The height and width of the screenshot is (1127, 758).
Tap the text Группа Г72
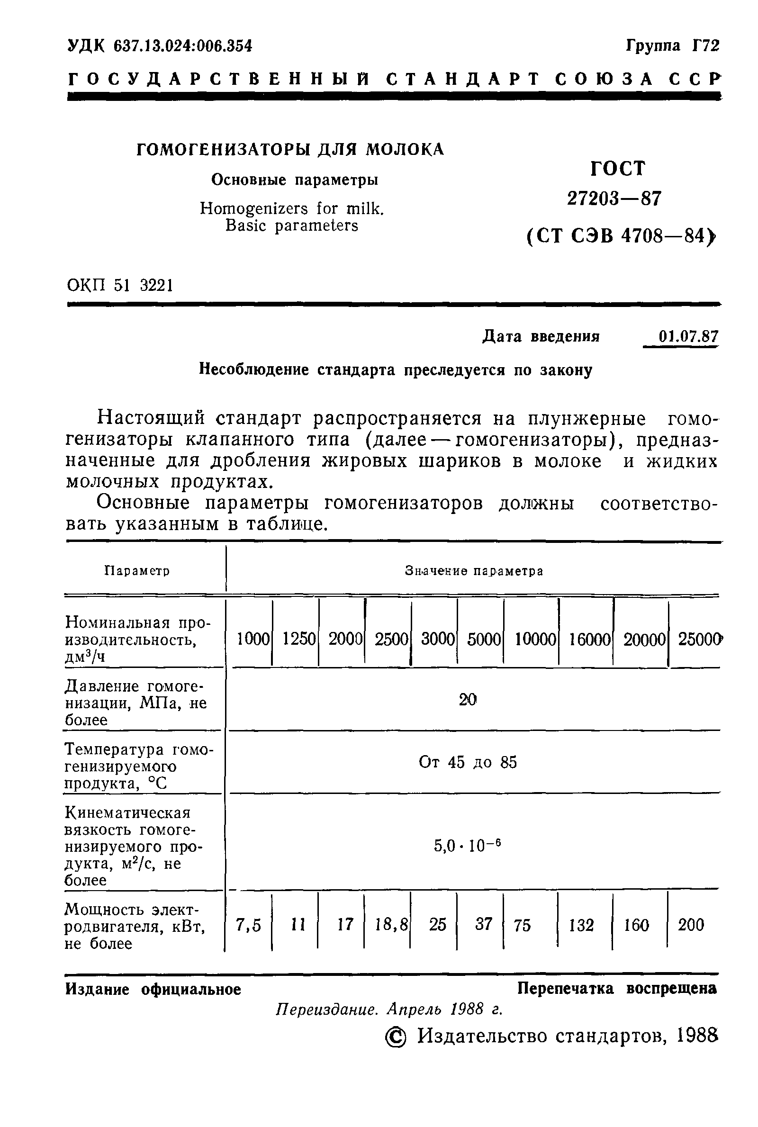pos(672,46)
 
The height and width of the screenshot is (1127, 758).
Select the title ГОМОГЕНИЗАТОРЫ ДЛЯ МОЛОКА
pos(290,149)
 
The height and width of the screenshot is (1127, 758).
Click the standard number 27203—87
pos(614,198)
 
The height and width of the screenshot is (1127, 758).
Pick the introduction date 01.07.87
pos(688,336)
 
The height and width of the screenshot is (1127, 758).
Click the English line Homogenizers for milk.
pos(292,209)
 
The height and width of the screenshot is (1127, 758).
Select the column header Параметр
pos(137,571)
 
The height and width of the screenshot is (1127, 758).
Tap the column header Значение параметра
pos(474,571)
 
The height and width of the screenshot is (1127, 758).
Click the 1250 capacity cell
pos(299,639)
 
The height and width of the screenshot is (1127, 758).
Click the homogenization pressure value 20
pos(468,699)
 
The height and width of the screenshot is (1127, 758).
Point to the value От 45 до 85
pos(468,762)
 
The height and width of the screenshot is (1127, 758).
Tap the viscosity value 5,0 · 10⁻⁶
pos(467,845)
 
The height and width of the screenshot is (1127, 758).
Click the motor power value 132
pos(581,925)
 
